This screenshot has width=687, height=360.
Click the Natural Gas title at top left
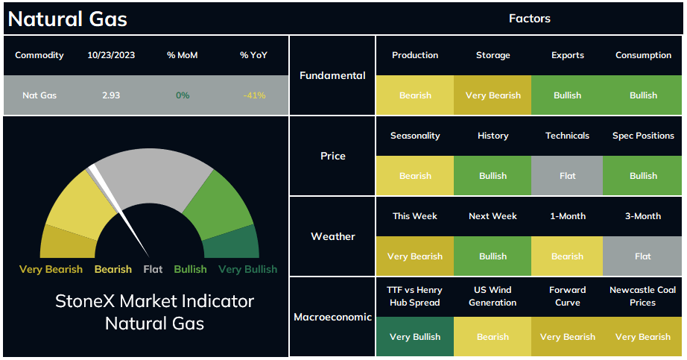[x=68, y=19]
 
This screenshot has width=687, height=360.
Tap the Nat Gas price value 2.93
[x=111, y=95]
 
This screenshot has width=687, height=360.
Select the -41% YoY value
[x=254, y=95]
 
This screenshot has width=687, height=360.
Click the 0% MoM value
[x=183, y=95]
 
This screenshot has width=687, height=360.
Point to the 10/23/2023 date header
[x=111, y=55]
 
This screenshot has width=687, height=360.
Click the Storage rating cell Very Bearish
[x=493, y=95]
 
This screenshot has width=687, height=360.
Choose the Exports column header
[x=567, y=55]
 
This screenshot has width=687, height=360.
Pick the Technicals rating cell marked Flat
[x=567, y=175]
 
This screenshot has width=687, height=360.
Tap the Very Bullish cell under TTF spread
[x=415, y=336]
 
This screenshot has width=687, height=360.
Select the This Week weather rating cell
[x=415, y=256]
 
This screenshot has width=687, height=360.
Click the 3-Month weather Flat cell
[x=642, y=256]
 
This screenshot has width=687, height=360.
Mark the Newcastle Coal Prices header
[x=642, y=296]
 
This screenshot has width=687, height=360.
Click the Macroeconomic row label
[x=332, y=317]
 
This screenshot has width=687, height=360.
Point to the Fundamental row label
[x=332, y=75]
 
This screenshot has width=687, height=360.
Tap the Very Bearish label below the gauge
[x=51, y=269]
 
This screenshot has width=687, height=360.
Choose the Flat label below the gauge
[x=153, y=269]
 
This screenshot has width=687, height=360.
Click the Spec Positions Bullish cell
[x=642, y=175]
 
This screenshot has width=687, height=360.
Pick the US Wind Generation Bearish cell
[x=493, y=336]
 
